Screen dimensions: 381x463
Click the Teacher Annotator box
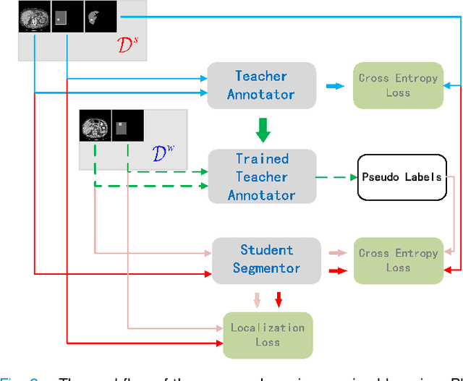point(261,85)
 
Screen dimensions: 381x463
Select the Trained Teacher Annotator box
point(261,176)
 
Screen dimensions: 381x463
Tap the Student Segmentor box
point(266,259)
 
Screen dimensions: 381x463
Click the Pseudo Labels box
point(402,176)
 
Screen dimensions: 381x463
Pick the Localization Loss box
point(267,335)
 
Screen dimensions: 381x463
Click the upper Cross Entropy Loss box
point(397,85)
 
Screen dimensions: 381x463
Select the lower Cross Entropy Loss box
point(397,260)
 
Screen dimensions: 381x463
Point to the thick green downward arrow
point(263,129)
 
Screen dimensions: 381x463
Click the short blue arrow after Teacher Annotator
point(334,86)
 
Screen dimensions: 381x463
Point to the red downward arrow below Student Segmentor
point(279,299)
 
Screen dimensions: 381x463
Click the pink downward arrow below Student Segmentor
point(257,299)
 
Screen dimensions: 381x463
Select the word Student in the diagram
point(266,250)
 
